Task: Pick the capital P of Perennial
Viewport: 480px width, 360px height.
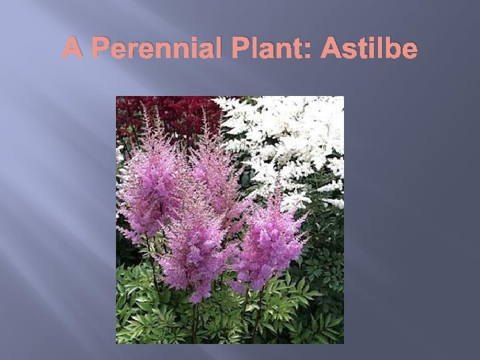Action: (x=101, y=49)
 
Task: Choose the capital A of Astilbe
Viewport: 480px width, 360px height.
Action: (x=331, y=49)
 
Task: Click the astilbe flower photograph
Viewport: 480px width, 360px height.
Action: (x=229, y=220)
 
